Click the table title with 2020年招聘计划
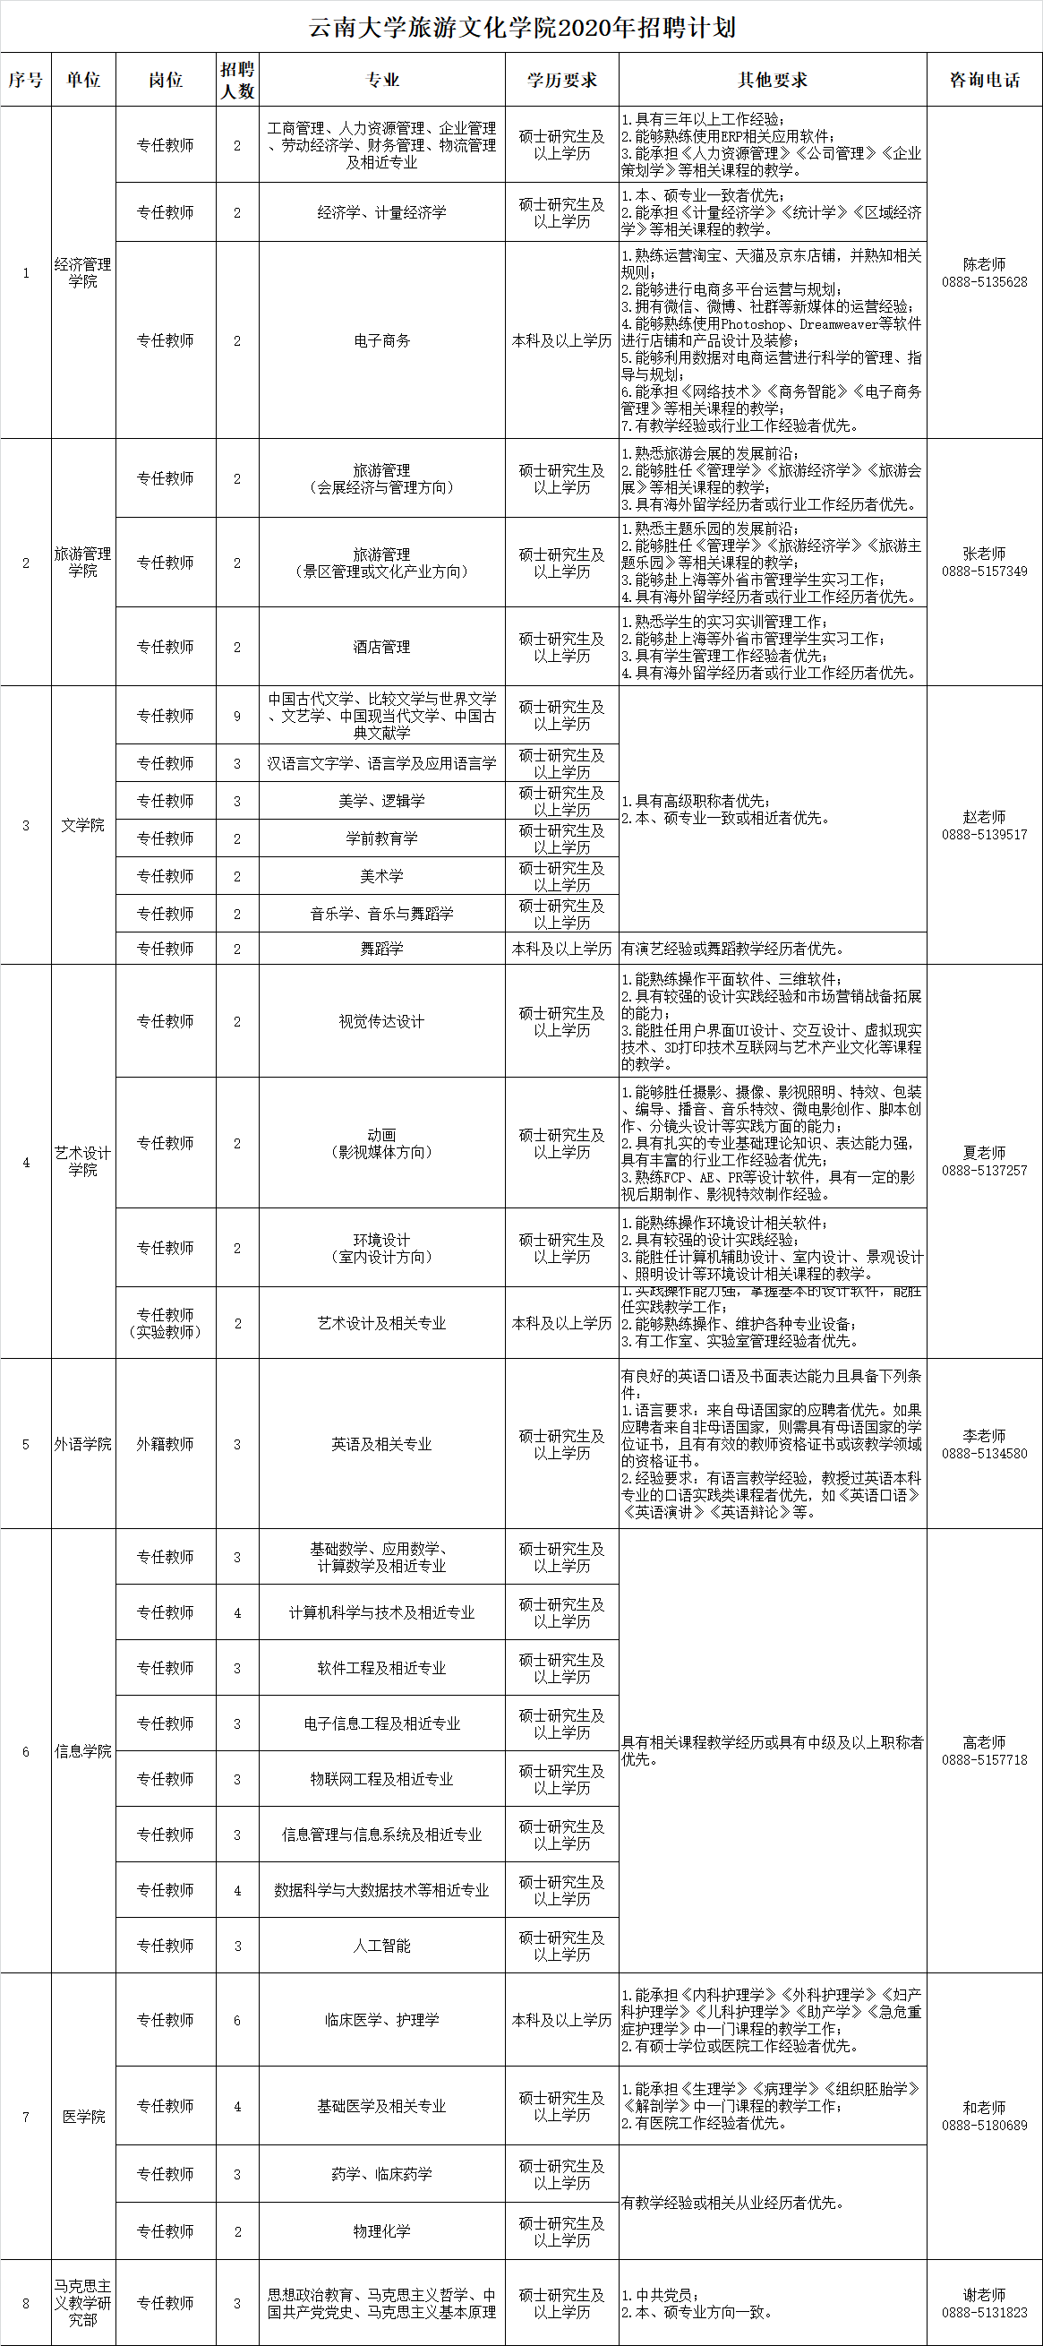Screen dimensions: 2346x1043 pos(521,28)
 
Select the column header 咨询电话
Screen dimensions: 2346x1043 pos(985,80)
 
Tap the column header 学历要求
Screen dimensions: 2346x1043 pos(561,80)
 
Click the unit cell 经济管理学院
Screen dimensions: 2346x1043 pos(83,272)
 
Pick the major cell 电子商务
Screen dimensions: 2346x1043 pos(381,340)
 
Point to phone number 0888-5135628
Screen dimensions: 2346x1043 pos(985,282)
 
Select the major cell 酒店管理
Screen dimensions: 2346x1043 pos(381,647)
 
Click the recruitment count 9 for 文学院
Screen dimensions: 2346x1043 pos(237,716)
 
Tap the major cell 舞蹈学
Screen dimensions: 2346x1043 pos(381,948)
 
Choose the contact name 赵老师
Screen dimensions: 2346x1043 pos(985,817)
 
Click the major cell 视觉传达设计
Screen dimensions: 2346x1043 pos(381,1021)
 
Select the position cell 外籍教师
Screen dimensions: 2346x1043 pos(165,1443)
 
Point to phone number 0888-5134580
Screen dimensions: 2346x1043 pos(985,1454)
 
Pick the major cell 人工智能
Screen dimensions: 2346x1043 pos(381,1946)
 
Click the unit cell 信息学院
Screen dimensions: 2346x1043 pos(83,1751)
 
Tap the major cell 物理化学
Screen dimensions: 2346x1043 pos(381,2230)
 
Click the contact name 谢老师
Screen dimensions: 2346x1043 pos(985,2295)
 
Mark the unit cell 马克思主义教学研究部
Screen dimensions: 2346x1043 pos(83,2302)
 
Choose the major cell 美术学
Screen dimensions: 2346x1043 pos(381,876)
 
